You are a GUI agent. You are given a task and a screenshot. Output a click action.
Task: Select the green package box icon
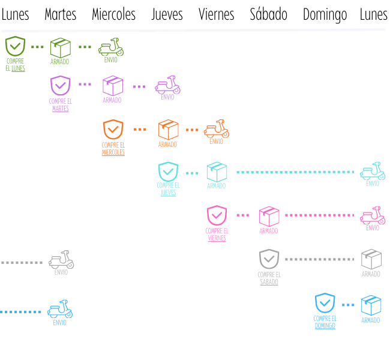click(x=59, y=47)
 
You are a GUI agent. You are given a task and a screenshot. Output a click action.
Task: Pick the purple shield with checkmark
click(x=60, y=85)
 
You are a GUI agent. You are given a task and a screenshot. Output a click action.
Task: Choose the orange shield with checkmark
click(x=113, y=130)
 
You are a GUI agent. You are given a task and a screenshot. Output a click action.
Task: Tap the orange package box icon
click(x=167, y=130)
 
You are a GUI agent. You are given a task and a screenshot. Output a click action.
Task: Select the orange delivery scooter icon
click(x=216, y=131)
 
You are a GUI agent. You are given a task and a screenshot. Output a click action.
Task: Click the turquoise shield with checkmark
click(x=167, y=172)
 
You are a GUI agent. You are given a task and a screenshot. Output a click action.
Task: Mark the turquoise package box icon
click(x=217, y=172)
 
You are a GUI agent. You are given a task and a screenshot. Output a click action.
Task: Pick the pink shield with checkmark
click(x=217, y=215)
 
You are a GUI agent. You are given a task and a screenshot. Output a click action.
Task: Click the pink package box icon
click(x=268, y=216)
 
